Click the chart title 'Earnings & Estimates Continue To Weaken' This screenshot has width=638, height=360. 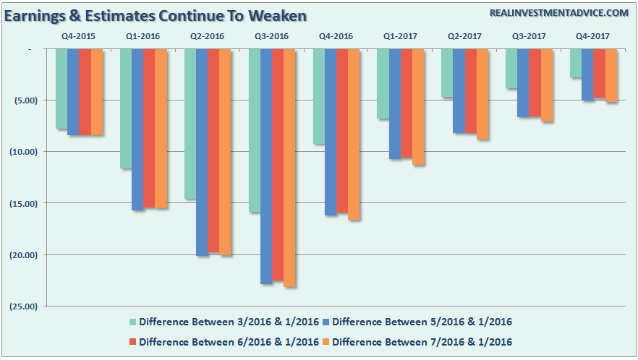coord(156,15)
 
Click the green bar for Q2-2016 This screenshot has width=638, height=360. coord(190,124)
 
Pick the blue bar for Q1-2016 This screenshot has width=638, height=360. coord(137,129)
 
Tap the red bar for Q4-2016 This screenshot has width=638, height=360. coord(342,131)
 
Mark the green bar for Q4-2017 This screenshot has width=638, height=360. coord(576,63)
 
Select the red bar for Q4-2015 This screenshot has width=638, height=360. coord(85,92)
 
